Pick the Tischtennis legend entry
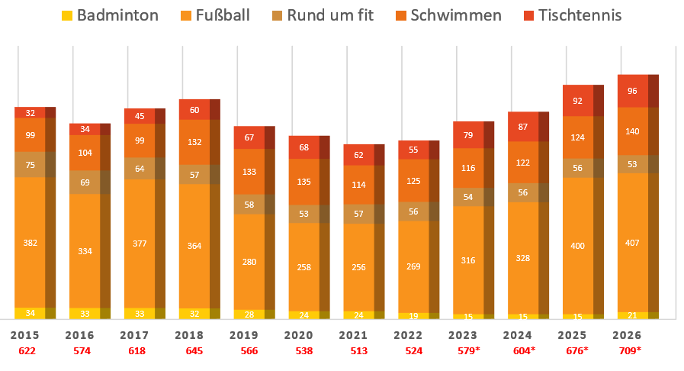pos(568,15)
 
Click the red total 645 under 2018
pos(194,350)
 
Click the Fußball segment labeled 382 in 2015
pos(30,243)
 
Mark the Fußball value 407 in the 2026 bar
pos(632,243)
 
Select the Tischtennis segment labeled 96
pos(632,91)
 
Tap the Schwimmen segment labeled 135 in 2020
pos(303,182)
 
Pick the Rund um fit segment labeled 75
pos(30,165)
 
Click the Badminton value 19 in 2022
pos(413,315)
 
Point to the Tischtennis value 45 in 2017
pos(140,116)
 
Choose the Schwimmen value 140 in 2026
pos(632,131)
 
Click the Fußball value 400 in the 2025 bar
pos(577,246)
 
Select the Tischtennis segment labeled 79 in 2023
pos(467,136)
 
